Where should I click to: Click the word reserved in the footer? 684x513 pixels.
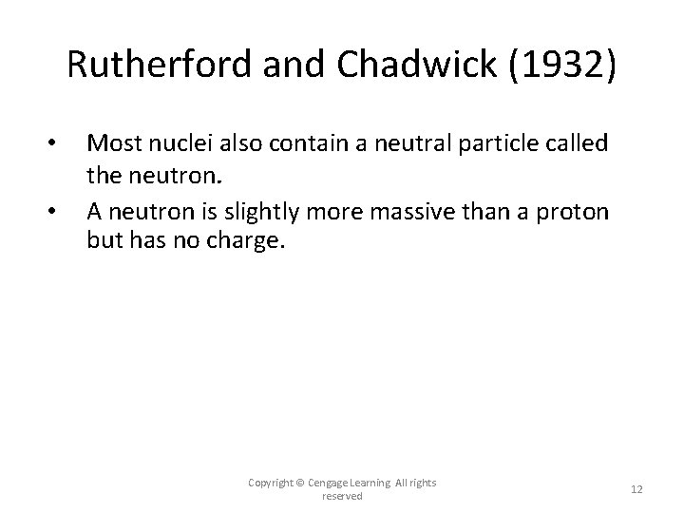point(343,496)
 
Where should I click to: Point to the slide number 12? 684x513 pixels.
point(636,489)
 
